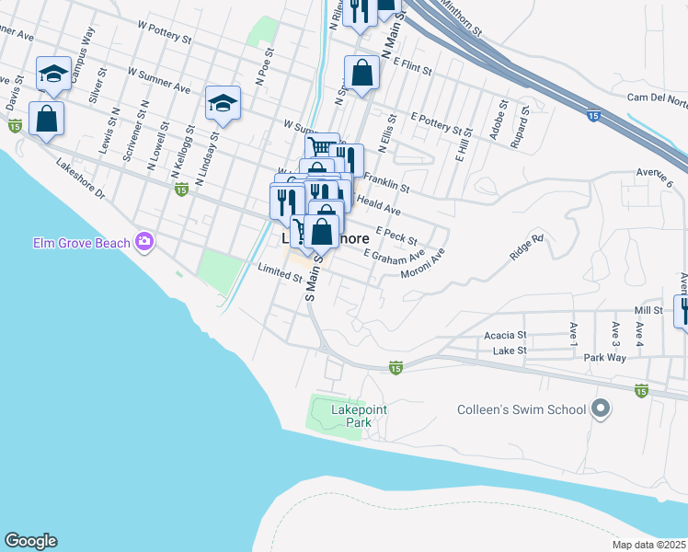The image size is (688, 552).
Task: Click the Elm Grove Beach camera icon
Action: click(143, 242)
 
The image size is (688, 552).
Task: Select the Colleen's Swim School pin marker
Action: click(602, 408)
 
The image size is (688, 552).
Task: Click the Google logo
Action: click(30, 541)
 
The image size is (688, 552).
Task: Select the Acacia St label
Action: click(508, 336)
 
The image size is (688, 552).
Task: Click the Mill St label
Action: click(648, 311)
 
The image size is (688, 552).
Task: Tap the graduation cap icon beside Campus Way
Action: click(54, 74)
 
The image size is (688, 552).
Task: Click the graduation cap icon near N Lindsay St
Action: click(223, 103)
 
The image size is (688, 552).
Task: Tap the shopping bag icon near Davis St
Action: click(46, 118)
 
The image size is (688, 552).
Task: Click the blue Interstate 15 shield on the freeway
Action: click(593, 116)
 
